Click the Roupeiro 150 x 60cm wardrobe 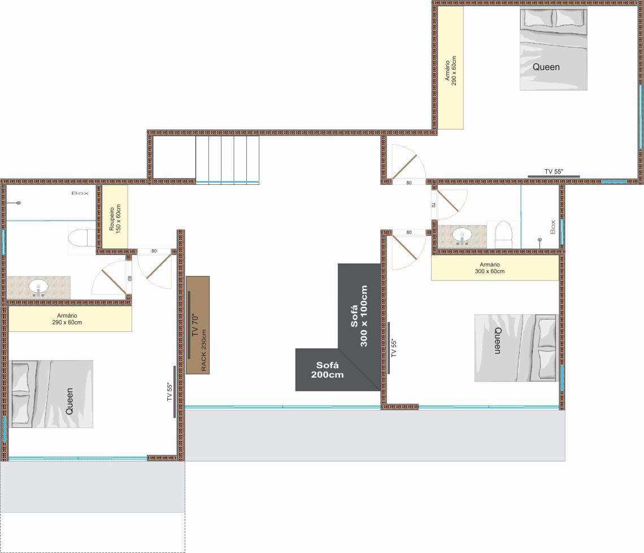pyautogui.click(x=115, y=217)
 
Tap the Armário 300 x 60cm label pyautogui.click(x=490, y=268)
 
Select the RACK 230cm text pyautogui.click(x=204, y=351)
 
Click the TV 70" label pyautogui.click(x=195, y=325)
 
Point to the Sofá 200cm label pyautogui.click(x=327, y=370)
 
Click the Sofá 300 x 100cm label pyautogui.click(x=359, y=316)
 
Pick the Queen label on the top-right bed pyautogui.click(x=546, y=67)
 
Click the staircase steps pyautogui.click(x=227, y=159)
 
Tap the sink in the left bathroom pyautogui.click(x=38, y=287)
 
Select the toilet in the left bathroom pyautogui.click(x=82, y=238)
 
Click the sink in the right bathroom pyautogui.click(x=462, y=236)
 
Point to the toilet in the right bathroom pyautogui.click(x=503, y=234)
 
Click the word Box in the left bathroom pyautogui.click(x=80, y=193)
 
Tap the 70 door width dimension pyautogui.click(x=433, y=204)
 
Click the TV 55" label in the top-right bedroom pyautogui.click(x=554, y=171)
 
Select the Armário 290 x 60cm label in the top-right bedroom pyautogui.click(x=451, y=71)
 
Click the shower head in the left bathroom pyautogui.click(x=18, y=202)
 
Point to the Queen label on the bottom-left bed pyautogui.click(x=69, y=401)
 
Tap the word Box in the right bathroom pyautogui.click(x=553, y=227)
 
